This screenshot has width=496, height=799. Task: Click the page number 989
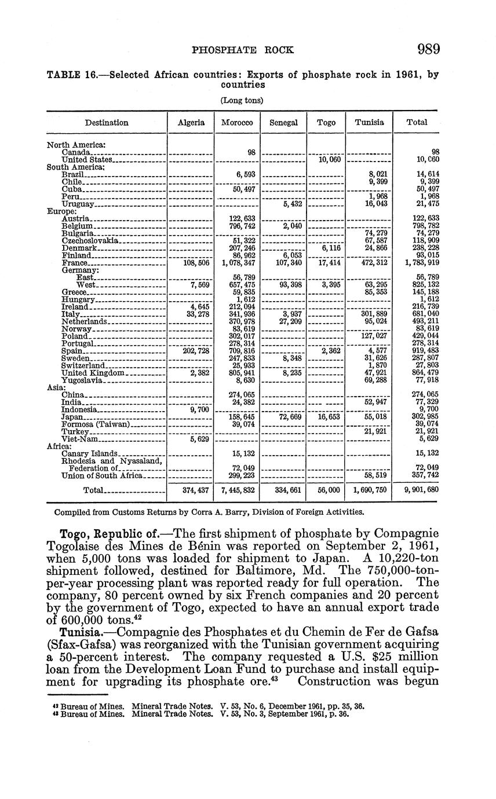click(x=428, y=49)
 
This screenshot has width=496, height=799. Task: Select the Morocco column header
click(x=237, y=122)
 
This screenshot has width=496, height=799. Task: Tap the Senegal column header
click(x=283, y=122)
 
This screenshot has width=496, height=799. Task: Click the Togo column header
click(x=326, y=122)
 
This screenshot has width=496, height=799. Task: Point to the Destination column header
click(x=107, y=122)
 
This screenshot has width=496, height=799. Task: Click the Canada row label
click(x=75, y=152)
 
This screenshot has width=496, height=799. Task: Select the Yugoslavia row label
click(x=82, y=380)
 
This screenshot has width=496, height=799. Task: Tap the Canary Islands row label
click(x=90, y=453)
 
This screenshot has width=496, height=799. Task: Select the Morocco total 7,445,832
click(x=237, y=490)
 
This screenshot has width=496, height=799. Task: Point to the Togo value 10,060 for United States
click(x=330, y=159)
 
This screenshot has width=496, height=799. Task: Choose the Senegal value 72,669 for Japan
click(x=283, y=416)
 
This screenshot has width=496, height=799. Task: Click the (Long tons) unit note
click(x=242, y=100)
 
